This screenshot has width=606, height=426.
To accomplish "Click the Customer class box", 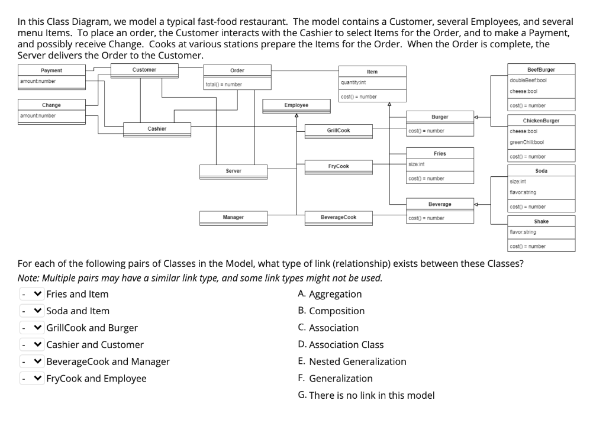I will coord(144,70).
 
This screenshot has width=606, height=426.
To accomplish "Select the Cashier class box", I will coord(157,129).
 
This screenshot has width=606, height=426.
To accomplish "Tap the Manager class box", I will coord(233,218).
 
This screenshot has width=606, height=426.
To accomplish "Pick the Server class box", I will coord(233,171).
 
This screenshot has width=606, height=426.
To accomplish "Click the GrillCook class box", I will coord(338,130).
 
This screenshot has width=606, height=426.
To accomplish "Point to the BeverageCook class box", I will coord(338,218).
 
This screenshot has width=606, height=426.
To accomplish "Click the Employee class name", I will coord(296,105).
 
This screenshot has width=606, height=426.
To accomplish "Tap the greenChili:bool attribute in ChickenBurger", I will coord(523,143).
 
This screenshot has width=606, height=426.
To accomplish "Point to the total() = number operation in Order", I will coord(224,85).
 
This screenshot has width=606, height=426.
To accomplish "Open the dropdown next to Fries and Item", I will coord(32,294).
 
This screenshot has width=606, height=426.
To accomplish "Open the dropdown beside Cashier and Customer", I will coord(32,345).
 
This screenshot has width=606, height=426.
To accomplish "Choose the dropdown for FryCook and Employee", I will coord(32,379).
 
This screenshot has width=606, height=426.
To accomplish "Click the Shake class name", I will coord(541,221).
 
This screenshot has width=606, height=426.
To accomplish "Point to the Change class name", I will coord(51,105).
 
